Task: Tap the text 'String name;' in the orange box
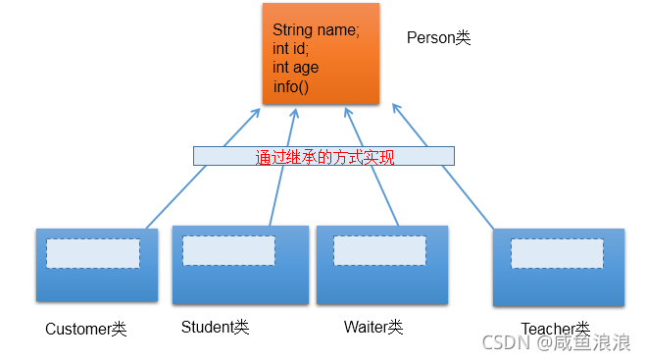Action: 316,30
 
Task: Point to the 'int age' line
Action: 295,68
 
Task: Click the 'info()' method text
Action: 290,86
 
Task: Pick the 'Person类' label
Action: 438,38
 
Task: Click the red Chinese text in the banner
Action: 323,156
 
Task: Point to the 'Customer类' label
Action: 86,329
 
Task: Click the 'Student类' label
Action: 215,326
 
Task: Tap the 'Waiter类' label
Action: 373,326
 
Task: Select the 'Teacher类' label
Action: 555,328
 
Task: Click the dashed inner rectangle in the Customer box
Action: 93,253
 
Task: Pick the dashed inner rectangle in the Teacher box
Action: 557,253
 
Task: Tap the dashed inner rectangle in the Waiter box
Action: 380,250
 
